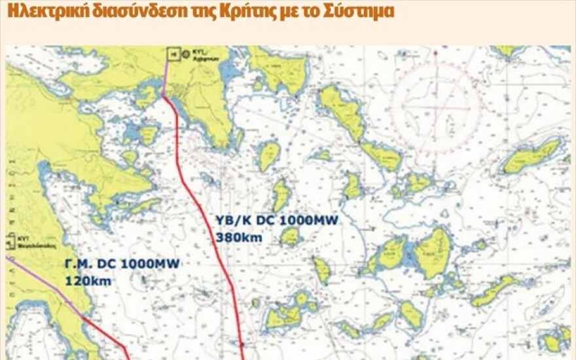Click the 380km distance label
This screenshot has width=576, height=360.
click(x=238, y=238)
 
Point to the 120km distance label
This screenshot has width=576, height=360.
click(x=88, y=281)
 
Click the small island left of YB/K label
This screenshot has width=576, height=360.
click(x=281, y=195)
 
